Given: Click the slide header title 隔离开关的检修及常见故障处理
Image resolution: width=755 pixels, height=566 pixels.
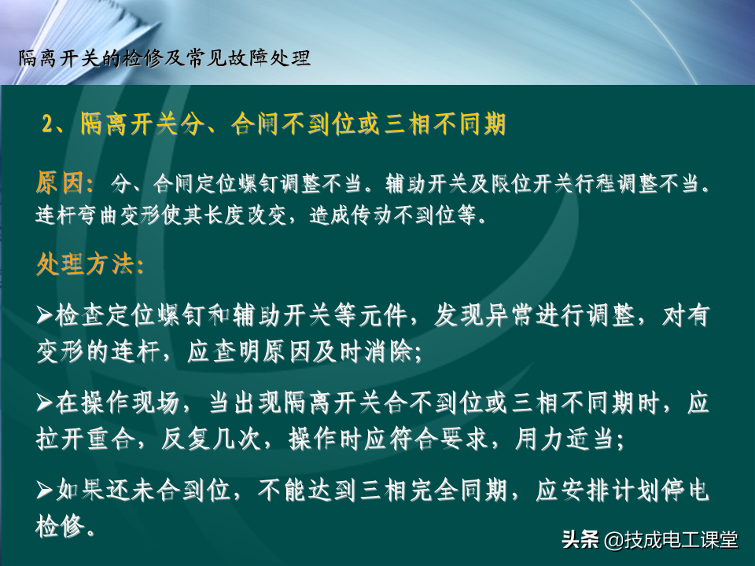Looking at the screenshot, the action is tap(164, 59).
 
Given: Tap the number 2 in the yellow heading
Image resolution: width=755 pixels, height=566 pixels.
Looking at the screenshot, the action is tap(48, 124).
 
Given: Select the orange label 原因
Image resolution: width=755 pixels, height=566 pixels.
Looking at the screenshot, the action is tap(60, 183).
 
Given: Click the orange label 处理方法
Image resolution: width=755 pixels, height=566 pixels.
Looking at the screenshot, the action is tap(85, 264).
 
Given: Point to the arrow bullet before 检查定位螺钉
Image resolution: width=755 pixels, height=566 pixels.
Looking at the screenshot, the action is tap(45, 316).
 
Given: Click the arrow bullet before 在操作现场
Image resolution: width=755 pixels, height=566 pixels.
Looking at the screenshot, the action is tap(45, 402).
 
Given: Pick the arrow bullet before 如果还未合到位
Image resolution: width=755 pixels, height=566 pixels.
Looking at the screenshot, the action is tap(45, 491).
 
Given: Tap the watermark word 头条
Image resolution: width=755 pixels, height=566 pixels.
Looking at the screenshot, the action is tap(580, 539).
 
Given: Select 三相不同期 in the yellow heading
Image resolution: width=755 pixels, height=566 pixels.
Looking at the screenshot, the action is tap(445, 124).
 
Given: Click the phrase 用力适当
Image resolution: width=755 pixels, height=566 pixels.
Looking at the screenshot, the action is tap(565, 439).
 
